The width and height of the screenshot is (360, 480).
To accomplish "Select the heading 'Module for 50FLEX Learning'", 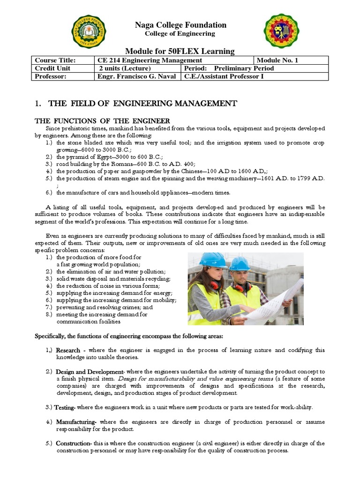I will point(180,51).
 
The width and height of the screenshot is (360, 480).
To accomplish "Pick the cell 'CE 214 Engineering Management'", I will point(150,60).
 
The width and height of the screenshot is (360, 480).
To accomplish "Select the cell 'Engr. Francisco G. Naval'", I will point(137,76).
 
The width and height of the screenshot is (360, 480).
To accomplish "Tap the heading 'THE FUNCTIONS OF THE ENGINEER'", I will point(103,121).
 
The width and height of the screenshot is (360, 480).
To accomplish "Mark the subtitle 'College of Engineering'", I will point(180,34).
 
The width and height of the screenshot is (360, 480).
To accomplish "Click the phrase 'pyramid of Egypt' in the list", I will point(85,157).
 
